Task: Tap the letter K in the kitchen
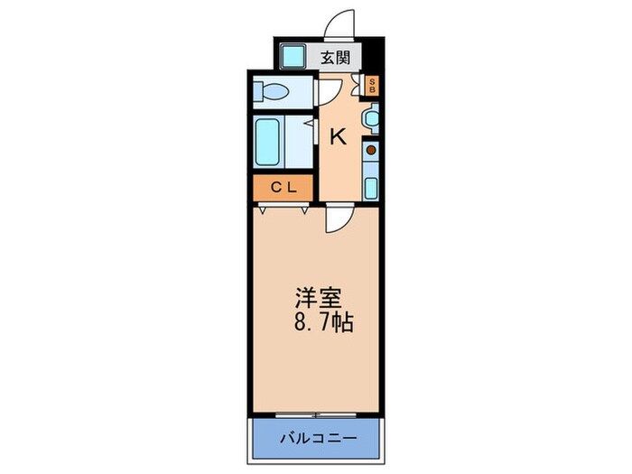coord(337,137)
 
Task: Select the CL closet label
coord(283,188)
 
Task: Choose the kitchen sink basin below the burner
coord(371,186)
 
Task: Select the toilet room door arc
coord(327,90)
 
